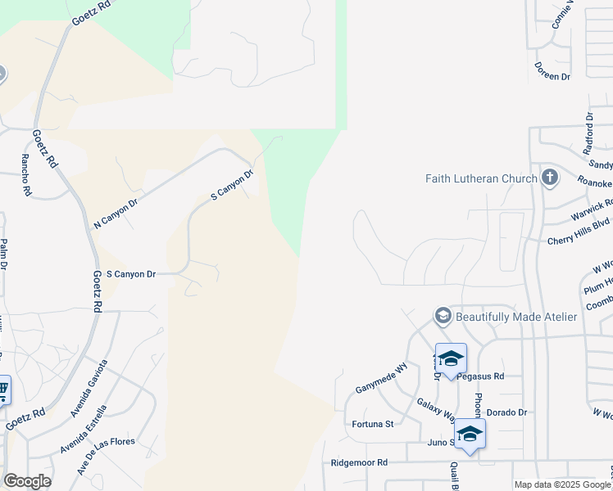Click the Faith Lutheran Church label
click(481, 178)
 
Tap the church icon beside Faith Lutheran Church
click(549, 178)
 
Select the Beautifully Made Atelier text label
click(516, 317)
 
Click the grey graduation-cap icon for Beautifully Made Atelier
click(443, 316)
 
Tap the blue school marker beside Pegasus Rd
click(451, 358)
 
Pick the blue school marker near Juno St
click(470, 434)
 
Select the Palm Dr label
click(4, 255)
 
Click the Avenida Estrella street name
click(83, 430)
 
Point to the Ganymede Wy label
click(381, 378)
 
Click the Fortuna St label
click(373, 424)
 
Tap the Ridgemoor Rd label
click(359, 462)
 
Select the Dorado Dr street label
click(506, 412)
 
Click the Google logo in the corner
click(27, 481)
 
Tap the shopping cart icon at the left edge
click(2, 390)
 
